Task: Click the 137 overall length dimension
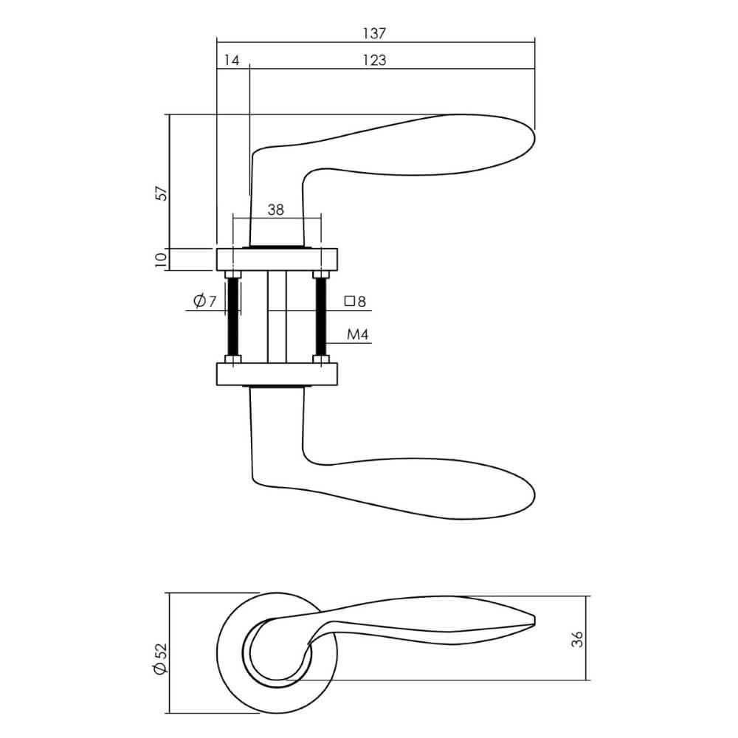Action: (375, 33)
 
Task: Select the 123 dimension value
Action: (375, 61)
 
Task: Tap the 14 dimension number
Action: (232, 61)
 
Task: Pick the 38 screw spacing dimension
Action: (276, 210)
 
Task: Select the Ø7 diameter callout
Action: (204, 301)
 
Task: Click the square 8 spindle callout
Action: (355, 301)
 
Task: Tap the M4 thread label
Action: (357, 335)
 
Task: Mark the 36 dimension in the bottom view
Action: (577, 638)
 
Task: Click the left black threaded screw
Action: (234, 317)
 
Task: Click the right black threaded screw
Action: (320, 317)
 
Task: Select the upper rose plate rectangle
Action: (277, 260)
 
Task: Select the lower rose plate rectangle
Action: (277, 373)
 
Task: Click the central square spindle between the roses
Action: (277, 317)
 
